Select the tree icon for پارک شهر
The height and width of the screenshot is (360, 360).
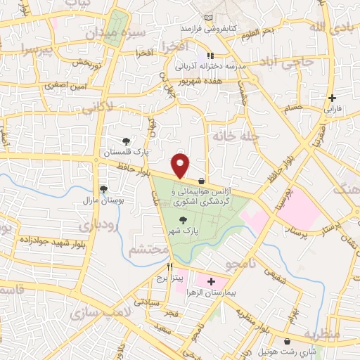(184, 220)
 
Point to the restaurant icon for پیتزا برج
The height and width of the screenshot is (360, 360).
(169, 267)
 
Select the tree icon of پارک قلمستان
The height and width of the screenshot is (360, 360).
(127, 141)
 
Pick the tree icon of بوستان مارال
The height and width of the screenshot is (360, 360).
(104, 189)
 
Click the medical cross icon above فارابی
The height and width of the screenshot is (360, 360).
(331, 98)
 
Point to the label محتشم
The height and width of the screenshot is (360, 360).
(150, 250)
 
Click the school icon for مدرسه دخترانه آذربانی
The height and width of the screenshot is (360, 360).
(210, 56)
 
